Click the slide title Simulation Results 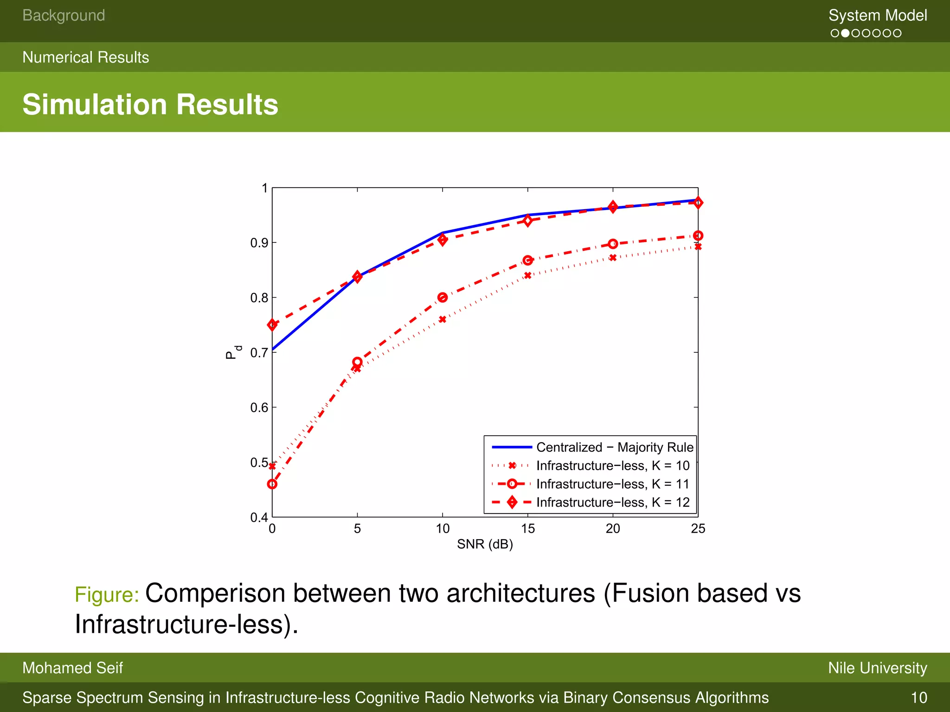(150, 104)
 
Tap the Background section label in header (64, 15)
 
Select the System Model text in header (878, 15)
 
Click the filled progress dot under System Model (845, 33)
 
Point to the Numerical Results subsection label (86, 57)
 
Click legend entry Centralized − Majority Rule (615, 447)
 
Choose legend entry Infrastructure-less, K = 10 (613, 465)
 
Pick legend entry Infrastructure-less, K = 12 (613, 502)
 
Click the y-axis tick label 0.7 (259, 353)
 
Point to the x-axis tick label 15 (527, 528)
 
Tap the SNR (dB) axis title (485, 544)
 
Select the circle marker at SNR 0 (272, 484)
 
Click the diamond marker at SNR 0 (272, 325)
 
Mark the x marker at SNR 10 (443, 319)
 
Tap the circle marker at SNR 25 (698, 235)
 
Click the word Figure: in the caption (107, 595)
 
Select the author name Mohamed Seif (72, 668)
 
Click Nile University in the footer (877, 668)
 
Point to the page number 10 (918, 698)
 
